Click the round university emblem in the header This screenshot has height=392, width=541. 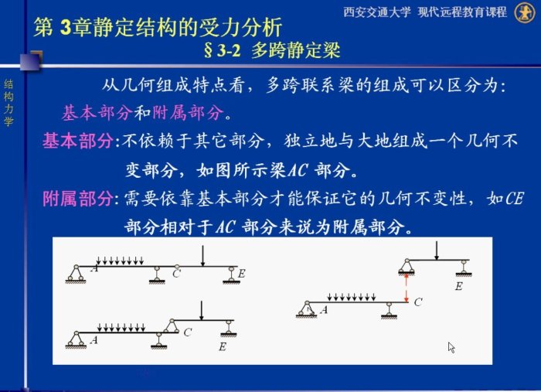click(525, 12)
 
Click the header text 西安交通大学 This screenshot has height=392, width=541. click(377, 12)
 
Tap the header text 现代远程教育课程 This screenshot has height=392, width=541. click(462, 12)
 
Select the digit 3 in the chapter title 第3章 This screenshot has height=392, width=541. click(66, 27)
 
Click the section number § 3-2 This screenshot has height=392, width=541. click(222, 51)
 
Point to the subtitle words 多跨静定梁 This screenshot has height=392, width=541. click(296, 50)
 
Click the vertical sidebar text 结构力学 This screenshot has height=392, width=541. click(9, 103)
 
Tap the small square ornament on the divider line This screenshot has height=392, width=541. click(31, 61)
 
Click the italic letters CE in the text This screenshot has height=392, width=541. click(515, 199)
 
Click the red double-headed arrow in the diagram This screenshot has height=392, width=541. click(407, 288)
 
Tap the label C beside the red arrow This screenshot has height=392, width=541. click(418, 302)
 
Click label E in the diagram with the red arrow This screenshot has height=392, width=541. click(458, 286)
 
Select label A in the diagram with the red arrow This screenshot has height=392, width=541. click(324, 310)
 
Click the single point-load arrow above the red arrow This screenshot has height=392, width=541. click(437, 251)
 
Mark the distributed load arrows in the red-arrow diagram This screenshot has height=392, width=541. click(352, 298)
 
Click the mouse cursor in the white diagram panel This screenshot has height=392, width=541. click(451, 347)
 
